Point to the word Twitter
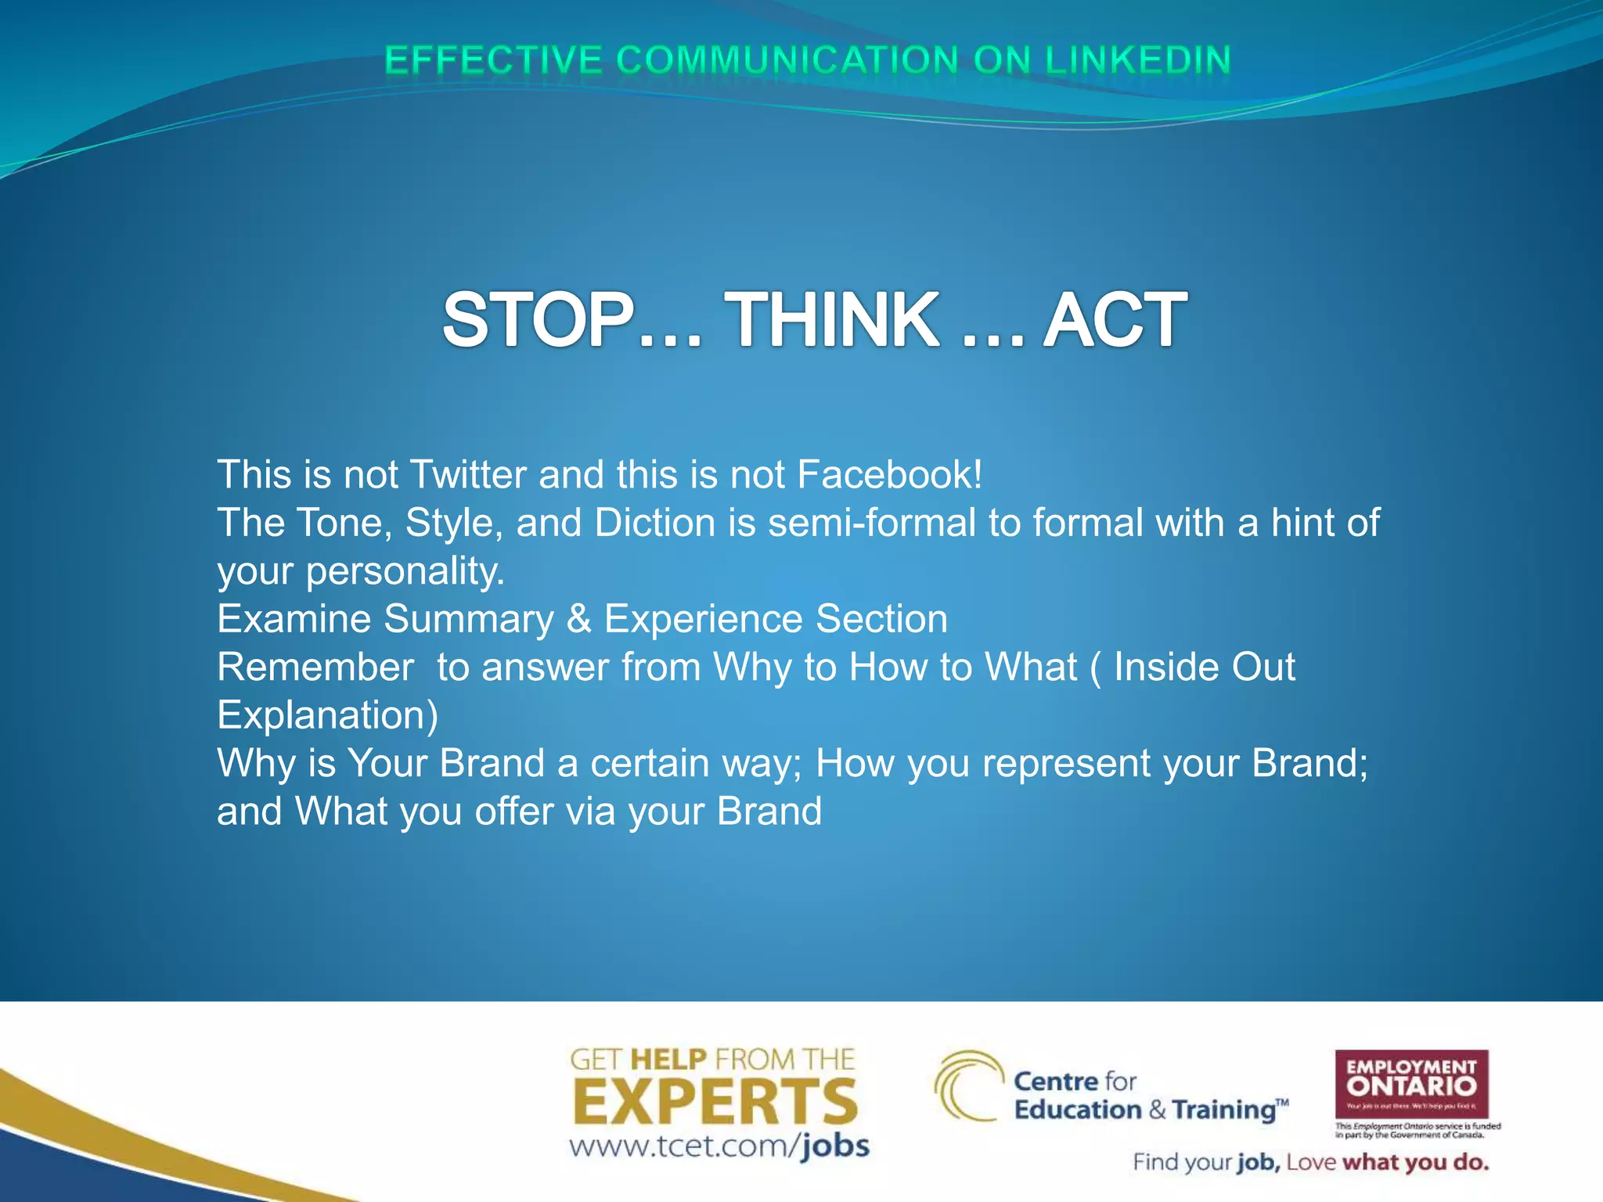[468, 474]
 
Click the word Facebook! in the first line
[889, 474]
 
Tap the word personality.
[405, 571]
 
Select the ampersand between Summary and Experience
[578, 619]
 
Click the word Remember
[315, 668]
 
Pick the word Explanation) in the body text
[327, 715]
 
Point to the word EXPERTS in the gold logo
[715, 1102]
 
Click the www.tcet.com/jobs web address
[719, 1146]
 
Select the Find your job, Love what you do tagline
[1310, 1162]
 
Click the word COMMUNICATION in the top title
[787, 60]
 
